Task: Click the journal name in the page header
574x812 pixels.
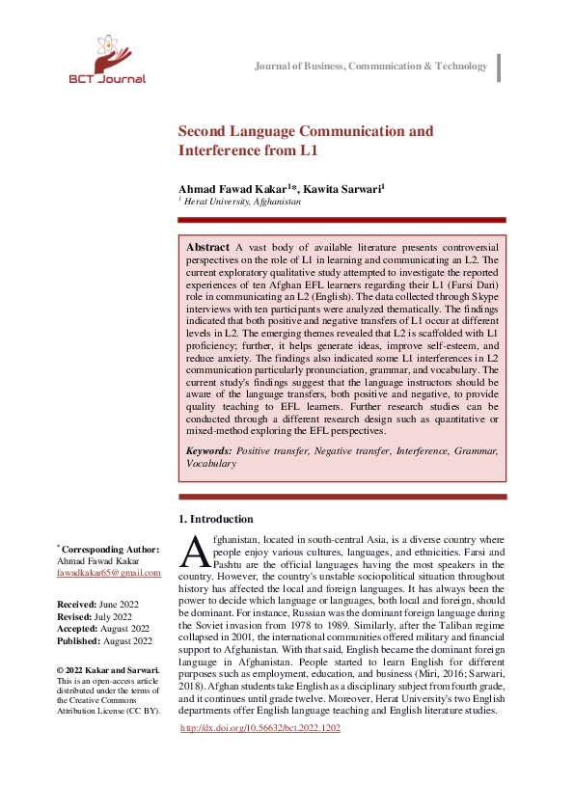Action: click(x=370, y=66)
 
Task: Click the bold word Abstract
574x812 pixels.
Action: click(x=207, y=248)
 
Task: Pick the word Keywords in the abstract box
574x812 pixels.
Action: click(x=207, y=450)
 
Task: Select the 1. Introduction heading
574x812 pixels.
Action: click(x=216, y=519)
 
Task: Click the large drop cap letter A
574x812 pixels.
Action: click(x=195, y=552)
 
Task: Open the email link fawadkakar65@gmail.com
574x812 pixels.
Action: click(x=108, y=573)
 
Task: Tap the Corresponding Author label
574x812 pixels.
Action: click(x=111, y=548)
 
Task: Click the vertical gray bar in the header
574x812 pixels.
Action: click(x=499, y=68)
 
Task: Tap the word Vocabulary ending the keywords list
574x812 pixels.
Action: click(x=210, y=463)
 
